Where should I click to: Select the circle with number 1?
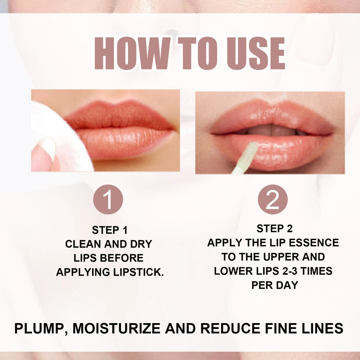(108, 199)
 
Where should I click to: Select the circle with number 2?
(272, 199)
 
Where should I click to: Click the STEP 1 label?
(110, 230)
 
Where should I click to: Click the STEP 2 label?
(274, 229)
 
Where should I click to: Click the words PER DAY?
(274, 285)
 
